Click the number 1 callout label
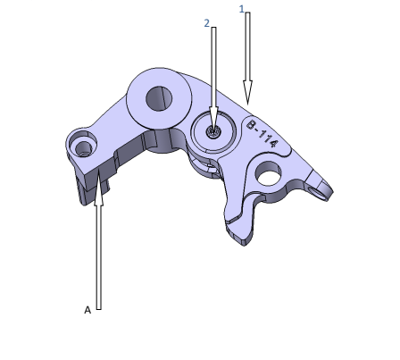pos(241,8)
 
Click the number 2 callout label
pos(207,22)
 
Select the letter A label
pos(87,309)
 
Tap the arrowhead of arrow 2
pos(213,125)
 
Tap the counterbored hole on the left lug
pos(85,145)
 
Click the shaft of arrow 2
pos(213,71)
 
